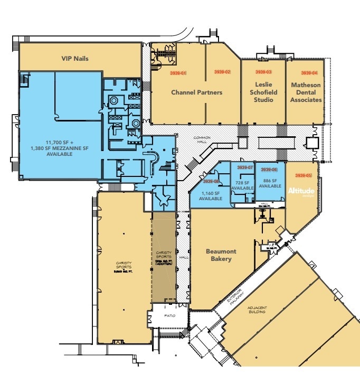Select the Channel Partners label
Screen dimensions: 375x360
(x=196, y=92)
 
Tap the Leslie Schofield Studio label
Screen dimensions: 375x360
(x=263, y=92)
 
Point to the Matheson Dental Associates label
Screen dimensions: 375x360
(x=306, y=92)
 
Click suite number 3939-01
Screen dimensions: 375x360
(x=178, y=72)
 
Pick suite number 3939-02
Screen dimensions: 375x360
(x=222, y=72)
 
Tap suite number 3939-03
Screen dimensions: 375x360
(x=263, y=72)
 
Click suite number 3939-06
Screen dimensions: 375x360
(x=270, y=170)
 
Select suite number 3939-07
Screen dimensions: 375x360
(x=245, y=168)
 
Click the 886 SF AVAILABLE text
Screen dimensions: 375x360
(x=270, y=183)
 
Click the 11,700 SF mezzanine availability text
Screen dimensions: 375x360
(x=60, y=148)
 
